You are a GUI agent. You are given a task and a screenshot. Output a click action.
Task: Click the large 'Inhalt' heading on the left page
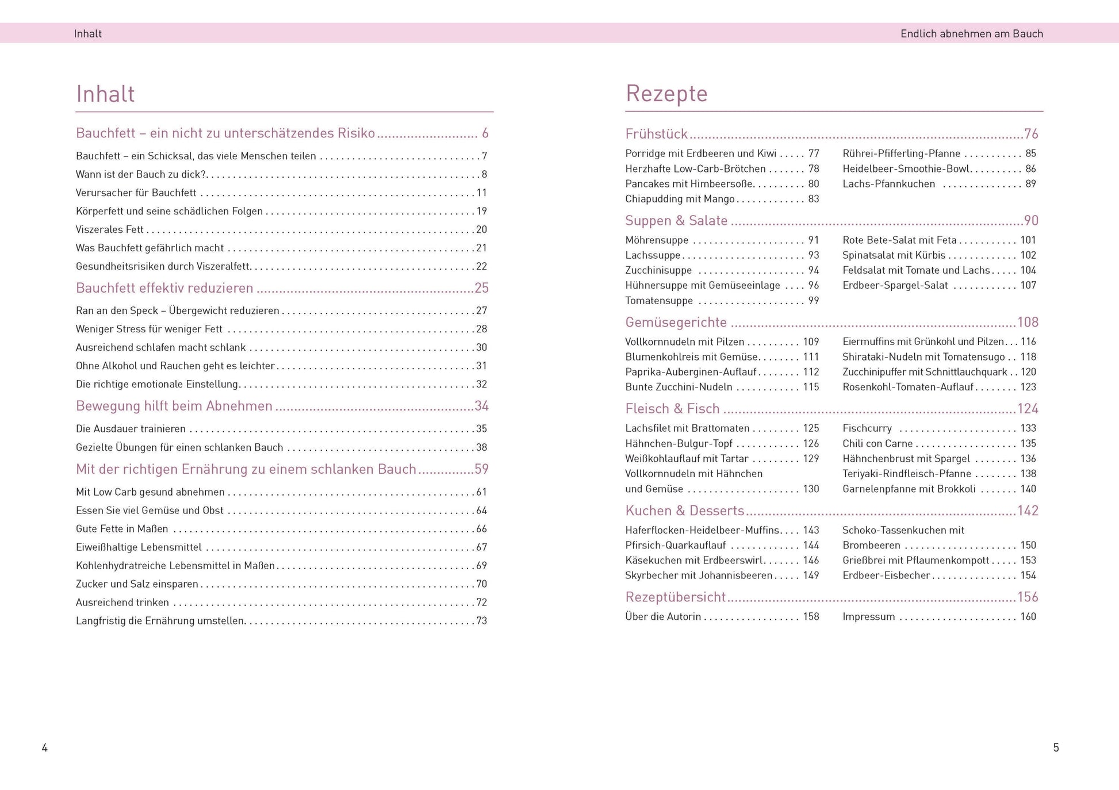(105, 94)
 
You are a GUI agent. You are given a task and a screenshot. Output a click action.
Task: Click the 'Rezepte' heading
(666, 94)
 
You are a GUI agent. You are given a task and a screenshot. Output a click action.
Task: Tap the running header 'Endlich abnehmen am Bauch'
(971, 34)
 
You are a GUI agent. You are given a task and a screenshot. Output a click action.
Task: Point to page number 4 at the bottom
(45, 747)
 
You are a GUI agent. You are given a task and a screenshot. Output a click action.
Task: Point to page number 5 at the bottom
(1056, 747)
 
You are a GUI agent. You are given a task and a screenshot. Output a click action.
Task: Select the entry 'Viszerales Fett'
(110, 229)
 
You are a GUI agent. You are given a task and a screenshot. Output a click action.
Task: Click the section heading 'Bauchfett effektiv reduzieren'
(164, 288)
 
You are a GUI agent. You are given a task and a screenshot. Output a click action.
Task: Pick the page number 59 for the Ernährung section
(481, 469)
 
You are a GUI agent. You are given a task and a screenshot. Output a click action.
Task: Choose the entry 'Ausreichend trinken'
(122, 603)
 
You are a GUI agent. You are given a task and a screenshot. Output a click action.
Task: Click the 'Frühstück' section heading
(656, 134)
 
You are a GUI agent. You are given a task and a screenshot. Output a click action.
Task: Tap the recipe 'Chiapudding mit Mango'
(680, 199)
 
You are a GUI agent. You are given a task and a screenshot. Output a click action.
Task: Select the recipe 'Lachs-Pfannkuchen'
(888, 184)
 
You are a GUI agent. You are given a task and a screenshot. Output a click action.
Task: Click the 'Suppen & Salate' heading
(676, 221)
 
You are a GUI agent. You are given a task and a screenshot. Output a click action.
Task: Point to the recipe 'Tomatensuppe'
(659, 301)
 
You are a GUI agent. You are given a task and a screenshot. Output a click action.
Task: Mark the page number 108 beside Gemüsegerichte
(1028, 323)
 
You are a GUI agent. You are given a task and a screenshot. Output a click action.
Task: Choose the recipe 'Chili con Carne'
(877, 444)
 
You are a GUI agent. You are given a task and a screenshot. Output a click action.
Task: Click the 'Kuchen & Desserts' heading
(684, 511)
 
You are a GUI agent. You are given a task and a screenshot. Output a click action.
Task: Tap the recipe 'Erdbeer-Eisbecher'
(886, 576)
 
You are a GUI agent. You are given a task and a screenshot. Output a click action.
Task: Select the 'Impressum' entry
(868, 617)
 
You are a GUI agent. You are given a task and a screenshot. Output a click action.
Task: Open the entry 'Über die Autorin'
(663, 617)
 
